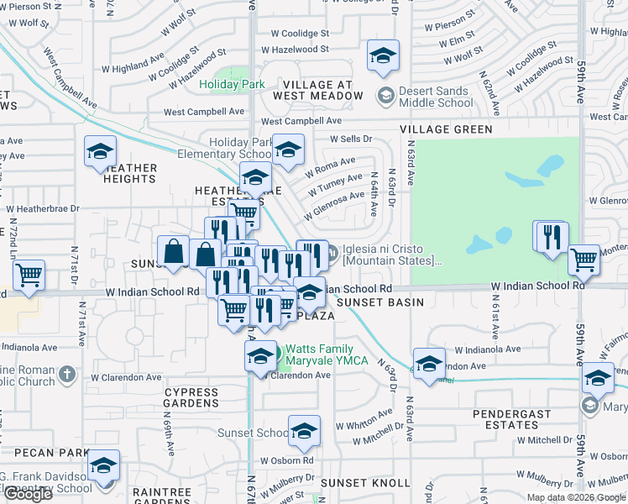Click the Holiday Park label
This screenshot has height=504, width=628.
[232, 84]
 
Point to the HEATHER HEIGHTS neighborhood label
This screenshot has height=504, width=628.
[130, 173]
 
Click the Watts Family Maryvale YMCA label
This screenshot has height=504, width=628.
[320, 355]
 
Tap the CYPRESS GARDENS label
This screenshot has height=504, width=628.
[191, 397]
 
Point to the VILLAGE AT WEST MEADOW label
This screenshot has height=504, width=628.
[323, 91]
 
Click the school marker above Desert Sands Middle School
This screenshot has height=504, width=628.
[383, 57]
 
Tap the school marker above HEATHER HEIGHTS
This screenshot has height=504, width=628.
[100, 152]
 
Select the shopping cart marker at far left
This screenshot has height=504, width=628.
[29, 275]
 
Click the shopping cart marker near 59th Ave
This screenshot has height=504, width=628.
[584, 260]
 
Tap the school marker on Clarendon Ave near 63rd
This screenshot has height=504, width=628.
[429, 364]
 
